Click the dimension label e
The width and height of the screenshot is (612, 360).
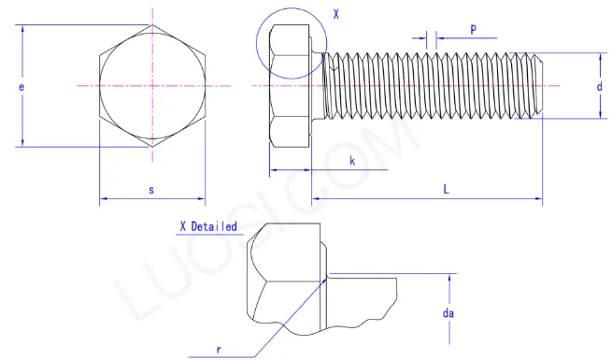(21, 87)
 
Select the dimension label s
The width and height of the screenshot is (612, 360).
(151, 190)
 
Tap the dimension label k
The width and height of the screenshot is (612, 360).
(352, 161)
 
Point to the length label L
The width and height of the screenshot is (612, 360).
(446, 190)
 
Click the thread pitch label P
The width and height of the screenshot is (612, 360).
(473, 30)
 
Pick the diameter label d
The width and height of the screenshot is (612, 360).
(600, 86)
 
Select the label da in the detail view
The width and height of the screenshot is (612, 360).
(448, 313)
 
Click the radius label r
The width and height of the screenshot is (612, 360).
(219, 350)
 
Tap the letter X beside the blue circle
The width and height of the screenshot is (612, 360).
(336, 14)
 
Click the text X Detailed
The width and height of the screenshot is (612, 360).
(208, 226)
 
